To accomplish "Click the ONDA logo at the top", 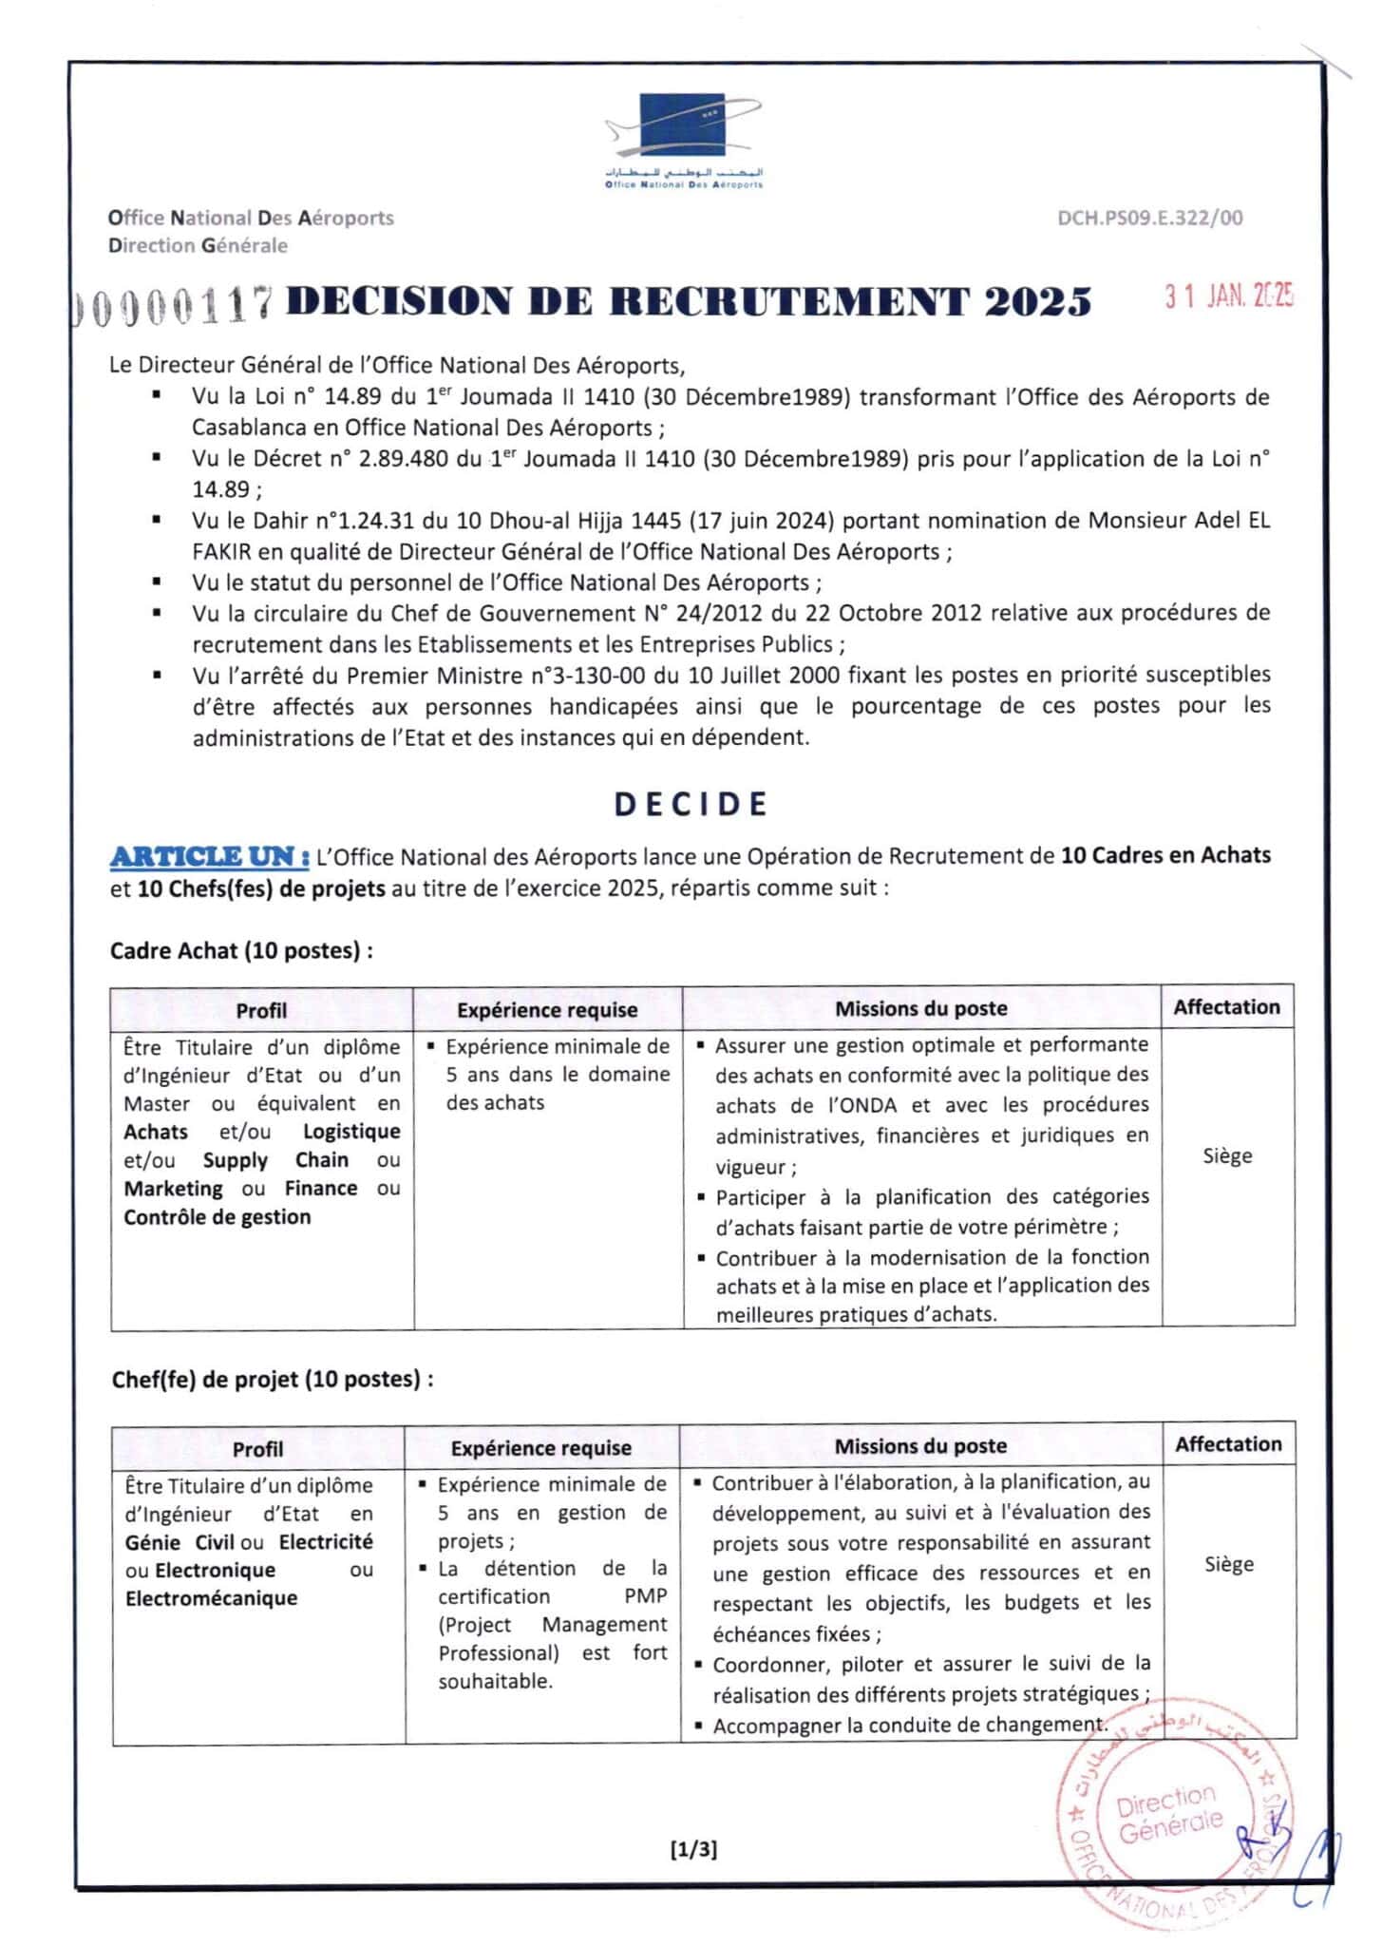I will point(684,138).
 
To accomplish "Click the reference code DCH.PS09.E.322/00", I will point(1149,219).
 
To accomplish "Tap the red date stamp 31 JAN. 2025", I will point(1229,297).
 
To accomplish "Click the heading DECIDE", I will point(691,805).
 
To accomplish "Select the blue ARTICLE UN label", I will point(209,857).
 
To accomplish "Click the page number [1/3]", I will point(693,1849).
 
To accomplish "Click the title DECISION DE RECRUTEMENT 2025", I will point(689,301).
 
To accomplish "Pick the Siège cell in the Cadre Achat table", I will point(1227,1156).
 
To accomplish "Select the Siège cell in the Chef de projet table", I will point(1229,1564).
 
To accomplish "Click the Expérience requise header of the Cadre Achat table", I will point(547,1010).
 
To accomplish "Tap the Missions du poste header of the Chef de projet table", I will point(920,1446).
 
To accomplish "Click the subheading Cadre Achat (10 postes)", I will point(241,951).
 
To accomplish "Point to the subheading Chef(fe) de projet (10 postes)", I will point(273,1379).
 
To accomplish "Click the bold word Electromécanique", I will point(211,1598).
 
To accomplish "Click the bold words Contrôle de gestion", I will point(217,1217).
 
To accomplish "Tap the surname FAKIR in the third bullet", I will point(219,552).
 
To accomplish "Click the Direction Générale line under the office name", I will point(198,246).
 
